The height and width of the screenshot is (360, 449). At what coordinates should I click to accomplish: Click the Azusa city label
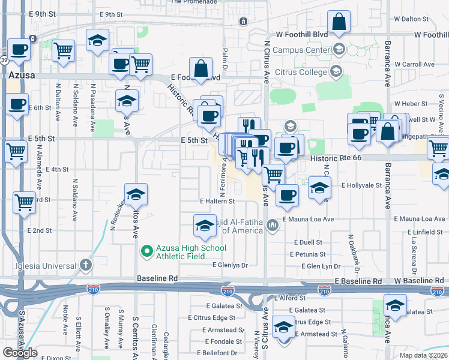coord(22,76)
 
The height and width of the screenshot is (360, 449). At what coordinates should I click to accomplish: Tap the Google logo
coord(20,353)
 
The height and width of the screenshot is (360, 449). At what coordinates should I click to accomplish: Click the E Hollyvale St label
coord(362,186)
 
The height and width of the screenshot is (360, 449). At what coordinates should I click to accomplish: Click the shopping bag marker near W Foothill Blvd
coord(339,23)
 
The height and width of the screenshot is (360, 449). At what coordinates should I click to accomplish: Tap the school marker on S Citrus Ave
coord(283,328)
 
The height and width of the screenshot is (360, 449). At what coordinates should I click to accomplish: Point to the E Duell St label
coord(308,242)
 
